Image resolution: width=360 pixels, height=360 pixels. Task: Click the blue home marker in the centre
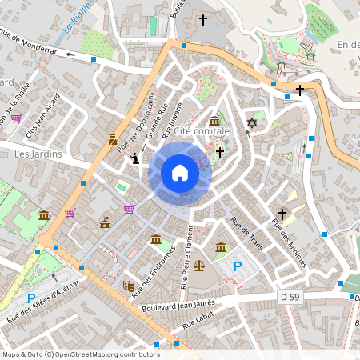pyautogui.click(x=180, y=173)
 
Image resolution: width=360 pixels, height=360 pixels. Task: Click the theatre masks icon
pyautogui.click(x=128, y=284)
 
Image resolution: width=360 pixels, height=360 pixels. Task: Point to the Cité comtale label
pyautogui.click(x=202, y=130)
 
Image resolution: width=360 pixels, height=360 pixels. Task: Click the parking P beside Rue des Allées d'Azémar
pyautogui.click(x=30, y=298)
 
